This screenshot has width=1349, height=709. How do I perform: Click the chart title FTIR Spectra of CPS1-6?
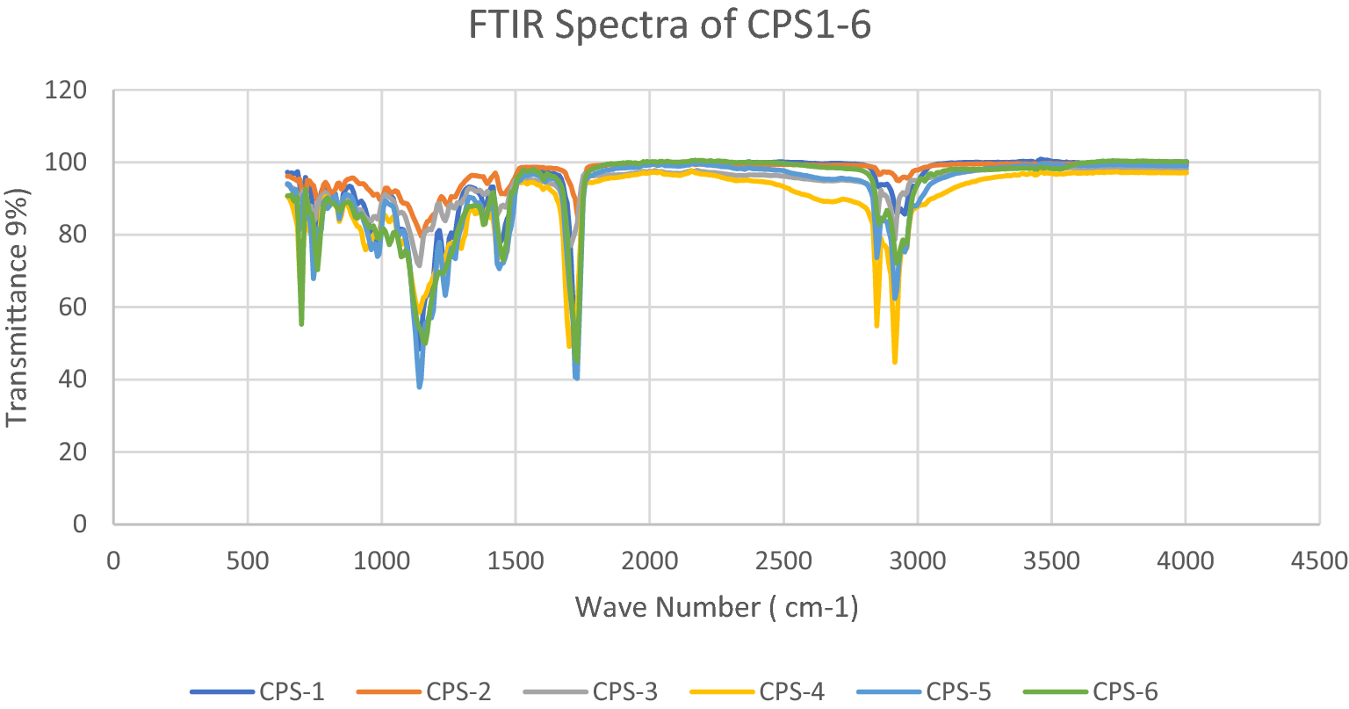pyautogui.click(x=669, y=25)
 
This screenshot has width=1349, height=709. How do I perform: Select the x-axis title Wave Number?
pyautogui.click(x=716, y=607)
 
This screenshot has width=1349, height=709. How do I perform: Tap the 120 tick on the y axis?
pyautogui.click(x=67, y=90)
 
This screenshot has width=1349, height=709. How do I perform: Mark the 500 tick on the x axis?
pyautogui.click(x=247, y=560)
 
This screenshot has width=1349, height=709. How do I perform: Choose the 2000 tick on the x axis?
pyautogui.click(x=649, y=560)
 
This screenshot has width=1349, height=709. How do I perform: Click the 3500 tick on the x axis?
pyautogui.click(x=1051, y=560)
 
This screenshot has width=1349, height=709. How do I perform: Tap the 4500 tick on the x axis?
pyautogui.click(x=1319, y=560)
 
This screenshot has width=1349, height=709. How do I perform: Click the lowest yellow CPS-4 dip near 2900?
pyautogui.click(x=894, y=361)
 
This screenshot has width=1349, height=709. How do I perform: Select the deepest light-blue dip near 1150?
pyautogui.click(x=420, y=386)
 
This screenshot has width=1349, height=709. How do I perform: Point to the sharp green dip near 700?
pyautogui.click(x=301, y=323)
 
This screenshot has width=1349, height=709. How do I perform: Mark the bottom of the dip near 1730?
pyautogui.click(x=576, y=377)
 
